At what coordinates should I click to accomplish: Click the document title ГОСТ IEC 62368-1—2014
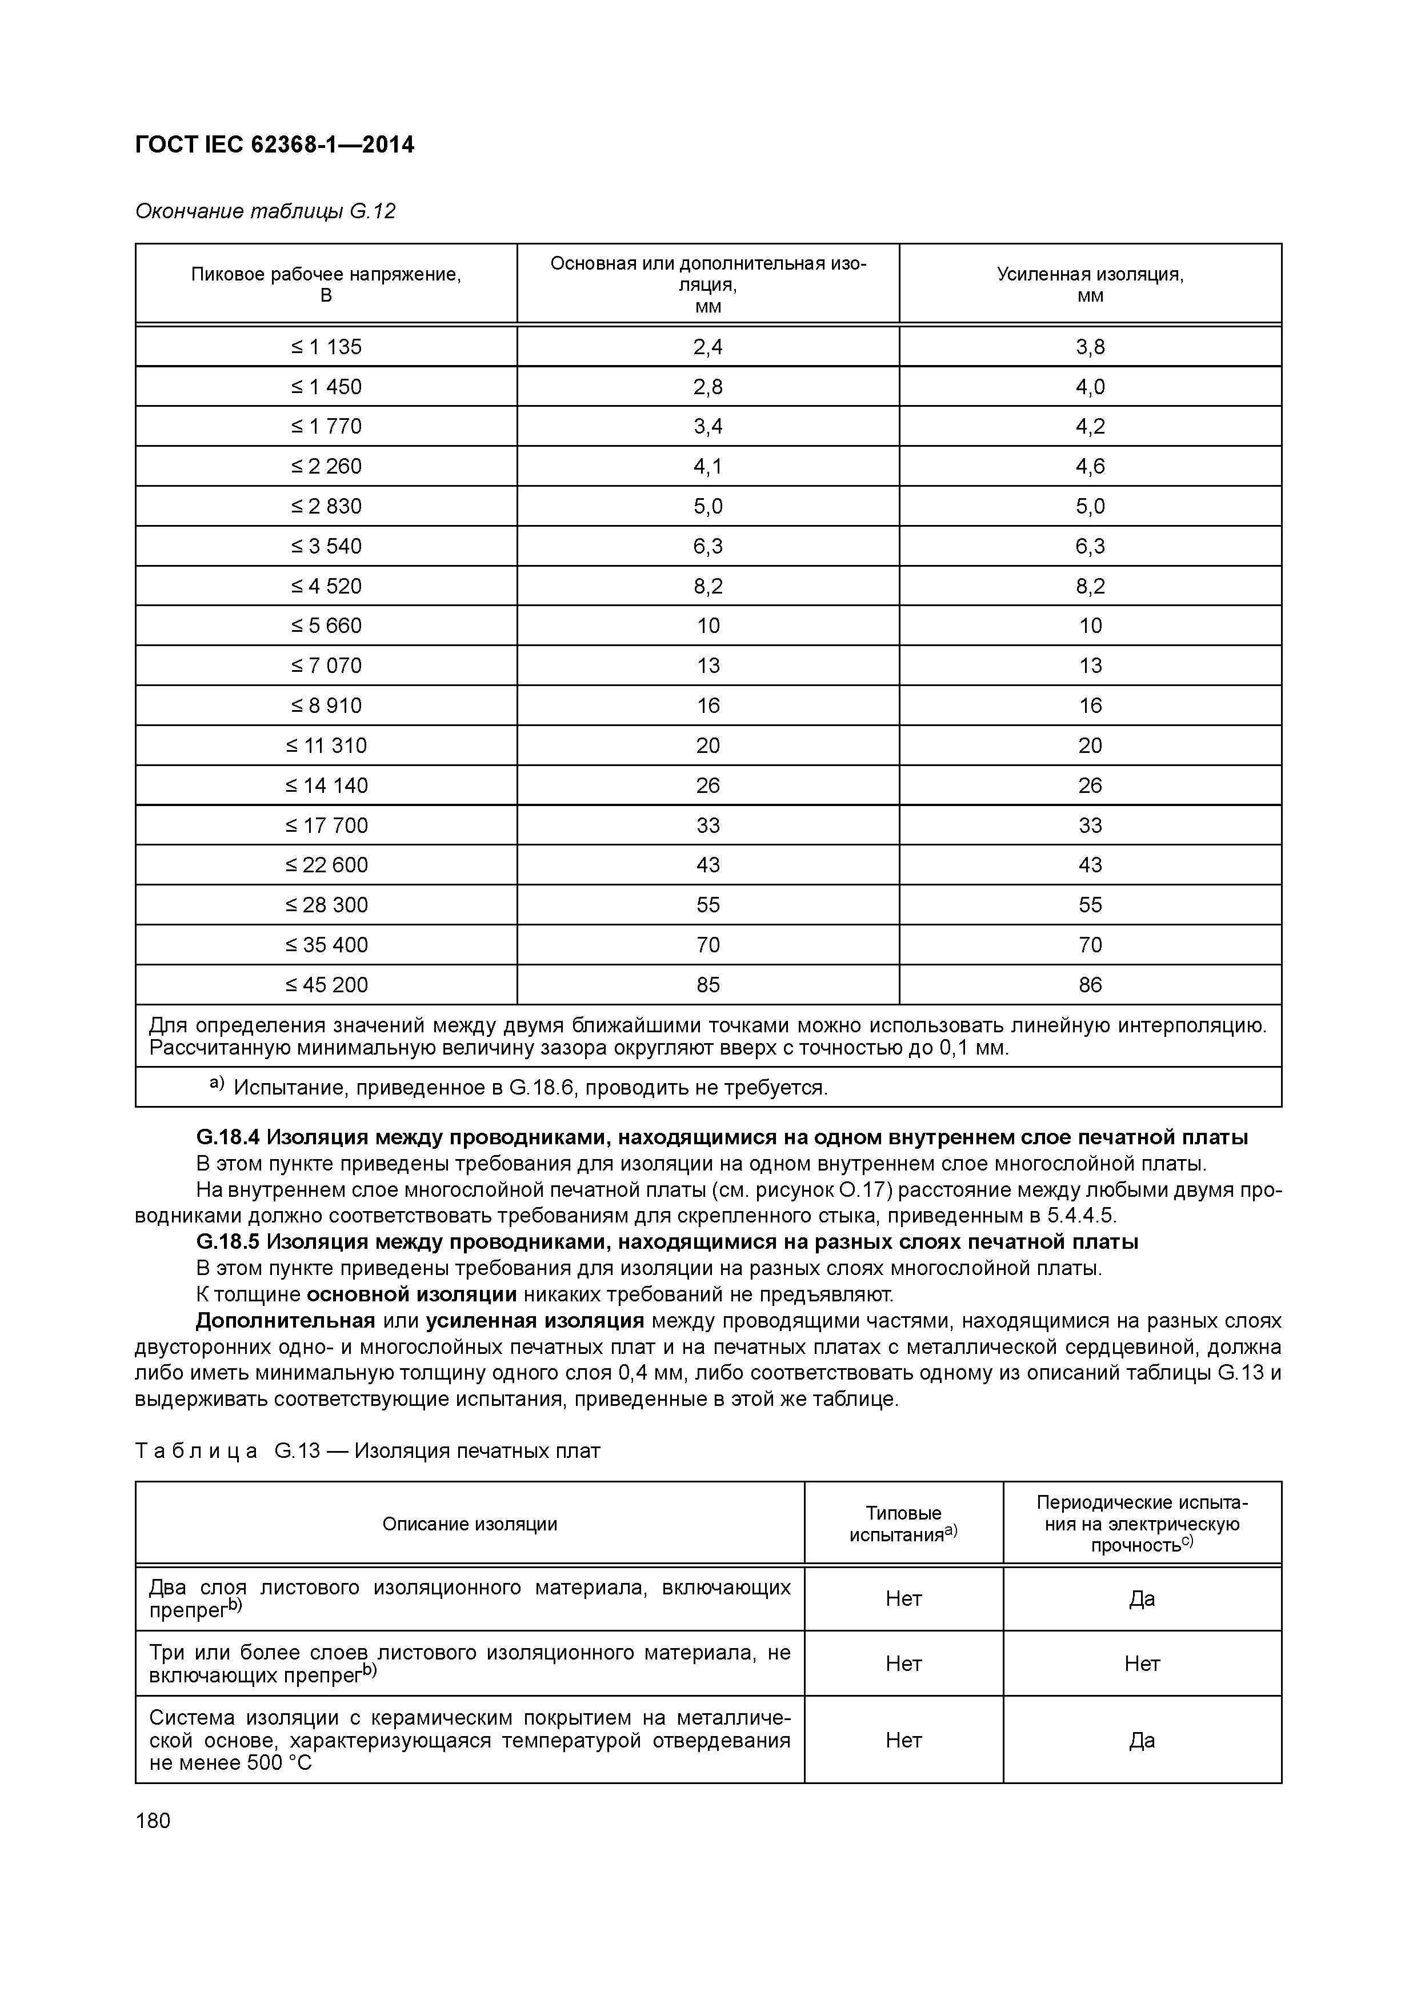pos(274,145)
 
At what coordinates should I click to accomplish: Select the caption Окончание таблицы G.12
pos(266,211)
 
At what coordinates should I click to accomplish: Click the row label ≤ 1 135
pos(326,347)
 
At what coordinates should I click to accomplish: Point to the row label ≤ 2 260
pos(326,466)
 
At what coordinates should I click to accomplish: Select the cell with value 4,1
pos(707,466)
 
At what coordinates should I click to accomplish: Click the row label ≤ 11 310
pos(326,746)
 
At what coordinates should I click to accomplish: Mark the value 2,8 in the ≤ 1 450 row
pos(707,387)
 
